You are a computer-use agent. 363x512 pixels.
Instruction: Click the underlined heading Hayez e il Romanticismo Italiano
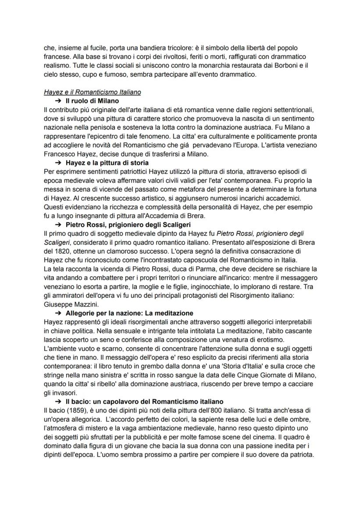pyautogui.click(x=92, y=92)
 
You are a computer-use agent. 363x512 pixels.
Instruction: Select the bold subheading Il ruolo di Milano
pyautogui.click(x=92, y=101)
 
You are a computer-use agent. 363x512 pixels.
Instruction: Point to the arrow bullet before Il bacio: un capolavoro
pyautogui.click(x=58, y=401)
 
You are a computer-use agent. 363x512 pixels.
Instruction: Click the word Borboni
pyautogui.click(x=284, y=65)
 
